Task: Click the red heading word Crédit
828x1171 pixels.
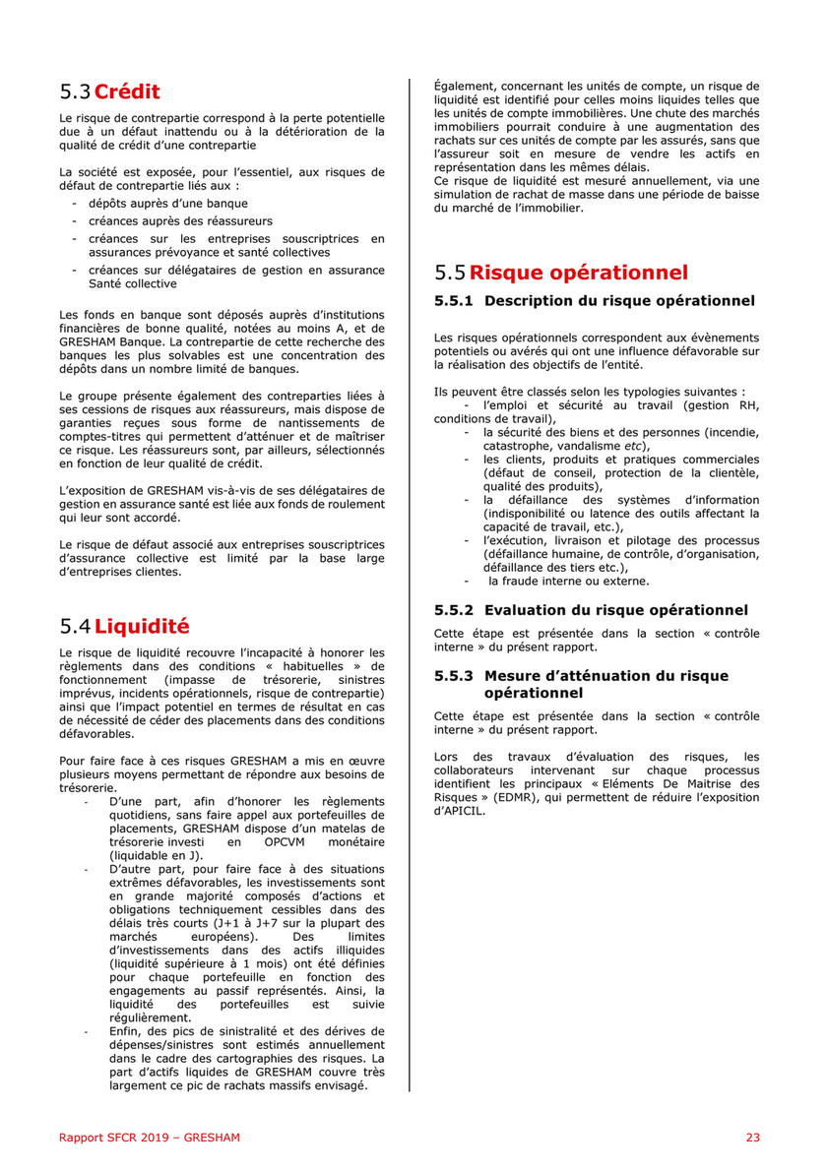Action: click(x=127, y=92)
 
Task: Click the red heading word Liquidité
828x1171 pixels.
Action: click(x=142, y=625)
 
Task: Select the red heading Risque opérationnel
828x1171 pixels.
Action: click(x=579, y=273)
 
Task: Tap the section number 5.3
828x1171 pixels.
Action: click(x=75, y=92)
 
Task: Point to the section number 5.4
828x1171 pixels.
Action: click(x=75, y=625)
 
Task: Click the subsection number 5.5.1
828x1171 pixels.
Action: click(x=454, y=300)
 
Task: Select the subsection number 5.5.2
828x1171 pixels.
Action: click(x=454, y=610)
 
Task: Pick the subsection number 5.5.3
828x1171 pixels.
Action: click(x=454, y=676)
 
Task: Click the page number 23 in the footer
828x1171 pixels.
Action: click(x=752, y=1138)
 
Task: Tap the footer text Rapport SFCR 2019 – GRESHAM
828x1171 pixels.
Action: click(x=149, y=1138)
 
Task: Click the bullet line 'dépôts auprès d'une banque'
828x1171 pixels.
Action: click(x=154, y=204)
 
